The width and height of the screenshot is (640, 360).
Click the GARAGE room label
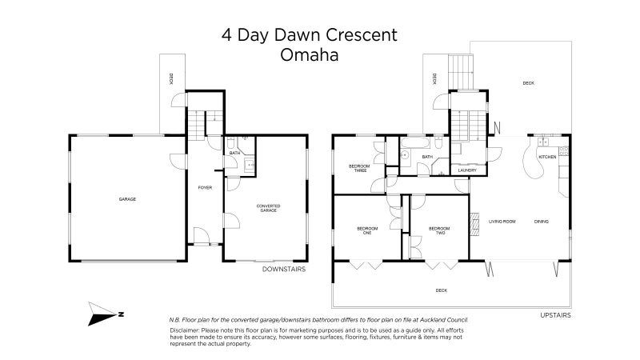127,198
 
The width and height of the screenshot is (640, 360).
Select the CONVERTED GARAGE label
268,209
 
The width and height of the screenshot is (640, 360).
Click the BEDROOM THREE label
358,168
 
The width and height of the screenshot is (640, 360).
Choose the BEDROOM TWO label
435,230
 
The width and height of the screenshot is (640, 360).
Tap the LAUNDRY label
467,170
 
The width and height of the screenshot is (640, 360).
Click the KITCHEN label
547,157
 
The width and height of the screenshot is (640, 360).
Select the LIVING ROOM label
502,222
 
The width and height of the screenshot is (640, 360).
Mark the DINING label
542,222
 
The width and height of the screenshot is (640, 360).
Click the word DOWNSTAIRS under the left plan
284,270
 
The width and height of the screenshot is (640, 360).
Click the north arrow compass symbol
105,314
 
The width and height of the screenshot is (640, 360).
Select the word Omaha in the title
309,56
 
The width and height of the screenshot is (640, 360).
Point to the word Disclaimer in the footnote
186,330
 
